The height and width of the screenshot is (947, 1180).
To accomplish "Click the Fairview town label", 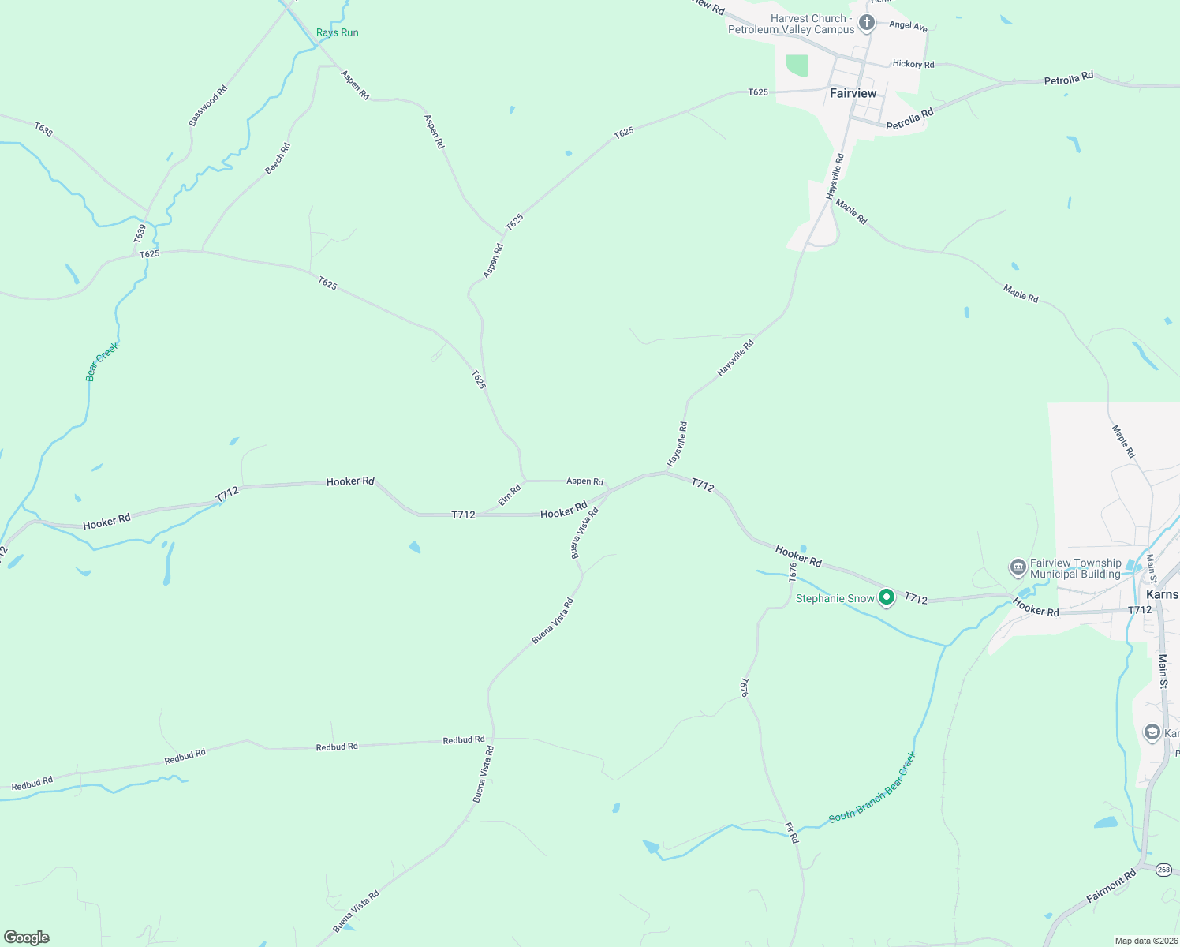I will (853, 93).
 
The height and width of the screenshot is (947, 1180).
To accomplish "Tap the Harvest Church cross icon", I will (866, 22).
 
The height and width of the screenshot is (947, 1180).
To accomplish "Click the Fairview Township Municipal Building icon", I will (1018, 567).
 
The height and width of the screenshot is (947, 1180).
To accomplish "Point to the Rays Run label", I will (337, 32).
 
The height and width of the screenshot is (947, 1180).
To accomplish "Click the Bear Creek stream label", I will (103, 361).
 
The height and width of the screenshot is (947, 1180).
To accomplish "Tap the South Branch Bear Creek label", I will (872, 787).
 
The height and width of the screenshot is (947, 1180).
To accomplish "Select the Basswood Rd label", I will (207, 106).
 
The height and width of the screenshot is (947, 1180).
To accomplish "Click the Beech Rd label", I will (278, 158).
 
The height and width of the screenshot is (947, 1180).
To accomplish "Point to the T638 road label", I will (43, 129).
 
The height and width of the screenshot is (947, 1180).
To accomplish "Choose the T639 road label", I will (140, 233).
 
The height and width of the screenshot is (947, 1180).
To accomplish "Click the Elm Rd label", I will (510, 495).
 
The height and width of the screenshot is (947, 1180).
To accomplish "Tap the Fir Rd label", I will (791, 833).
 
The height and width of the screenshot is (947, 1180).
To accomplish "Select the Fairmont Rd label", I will (1111, 885).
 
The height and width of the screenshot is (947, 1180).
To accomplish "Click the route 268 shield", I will (1163, 870).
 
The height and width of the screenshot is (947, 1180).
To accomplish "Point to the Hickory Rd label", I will (913, 64).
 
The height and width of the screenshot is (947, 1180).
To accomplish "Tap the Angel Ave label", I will (908, 25).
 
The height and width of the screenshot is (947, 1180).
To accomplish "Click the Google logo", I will (27, 937).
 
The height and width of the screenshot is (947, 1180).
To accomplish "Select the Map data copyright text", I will (1145, 941).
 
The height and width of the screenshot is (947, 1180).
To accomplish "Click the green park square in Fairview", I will (797, 66).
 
